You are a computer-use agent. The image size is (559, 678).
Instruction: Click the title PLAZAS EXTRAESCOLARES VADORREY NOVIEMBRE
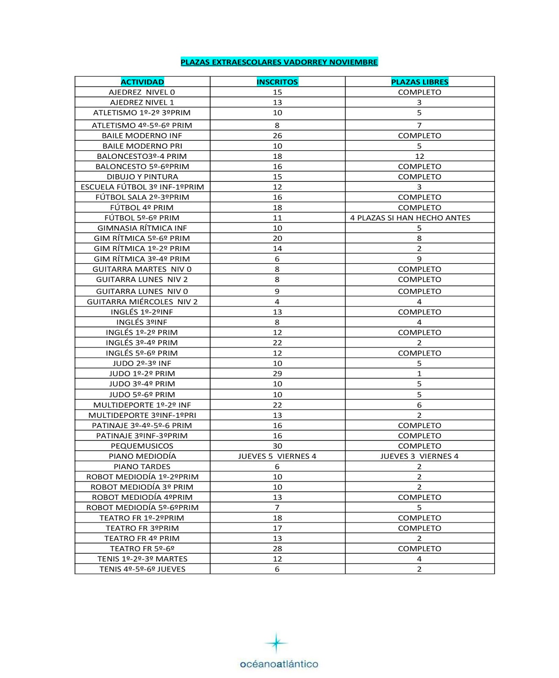[x=279, y=62]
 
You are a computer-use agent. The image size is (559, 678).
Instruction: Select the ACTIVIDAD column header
[x=142, y=82]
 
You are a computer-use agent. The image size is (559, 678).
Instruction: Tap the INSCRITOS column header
[x=277, y=82]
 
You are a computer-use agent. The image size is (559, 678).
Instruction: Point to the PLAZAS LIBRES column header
[x=420, y=82]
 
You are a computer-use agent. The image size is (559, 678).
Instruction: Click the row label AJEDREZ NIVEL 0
[x=142, y=92]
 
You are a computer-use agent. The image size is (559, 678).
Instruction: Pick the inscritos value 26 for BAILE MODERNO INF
[x=277, y=136]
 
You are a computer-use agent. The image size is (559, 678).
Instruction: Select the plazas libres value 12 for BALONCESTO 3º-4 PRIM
[x=420, y=156]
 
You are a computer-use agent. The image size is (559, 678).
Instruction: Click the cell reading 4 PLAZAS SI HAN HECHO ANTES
[x=410, y=218]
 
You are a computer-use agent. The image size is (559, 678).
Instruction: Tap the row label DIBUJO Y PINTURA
[x=142, y=177]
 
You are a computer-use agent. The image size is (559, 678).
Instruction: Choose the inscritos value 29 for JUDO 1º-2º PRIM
[x=277, y=373]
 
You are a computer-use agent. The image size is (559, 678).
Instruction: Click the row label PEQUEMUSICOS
[x=142, y=446]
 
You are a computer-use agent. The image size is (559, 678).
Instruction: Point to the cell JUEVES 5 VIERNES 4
[x=277, y=456]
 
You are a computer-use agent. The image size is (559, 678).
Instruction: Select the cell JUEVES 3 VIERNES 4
[x=419, y=456]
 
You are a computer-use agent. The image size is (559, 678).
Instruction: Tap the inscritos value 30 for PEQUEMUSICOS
[x=277, y=446]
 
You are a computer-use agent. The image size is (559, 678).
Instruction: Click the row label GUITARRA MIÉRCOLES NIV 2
[x=142, y=302]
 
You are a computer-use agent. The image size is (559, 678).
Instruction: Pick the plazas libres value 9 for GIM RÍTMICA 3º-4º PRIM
[x=419, y=259]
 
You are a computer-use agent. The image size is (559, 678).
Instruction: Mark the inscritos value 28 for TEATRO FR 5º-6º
[x=277, y=548]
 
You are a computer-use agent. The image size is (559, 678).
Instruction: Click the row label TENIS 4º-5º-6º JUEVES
[x=142, y=569]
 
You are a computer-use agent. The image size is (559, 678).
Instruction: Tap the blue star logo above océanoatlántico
[x=276, y=643]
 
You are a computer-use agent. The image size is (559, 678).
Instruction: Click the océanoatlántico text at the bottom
[x=279, y=664]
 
